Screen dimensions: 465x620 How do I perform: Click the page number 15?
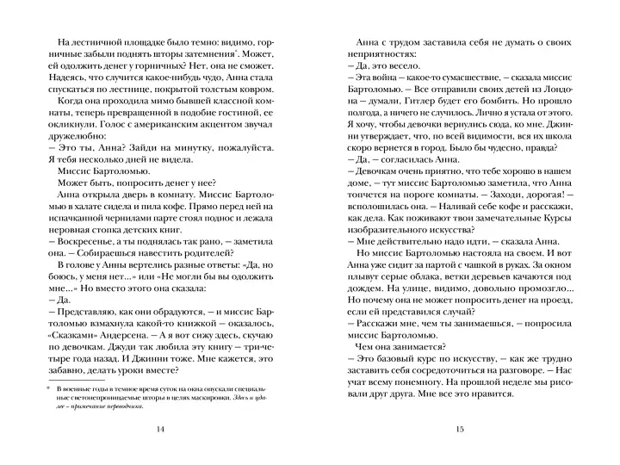coord(461,430)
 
